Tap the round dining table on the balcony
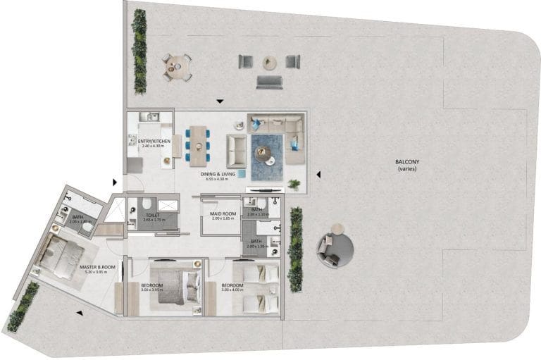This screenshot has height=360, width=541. coord(178,67)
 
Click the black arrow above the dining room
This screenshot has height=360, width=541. coord(220,102)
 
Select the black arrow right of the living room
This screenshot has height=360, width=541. coord(318,174)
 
